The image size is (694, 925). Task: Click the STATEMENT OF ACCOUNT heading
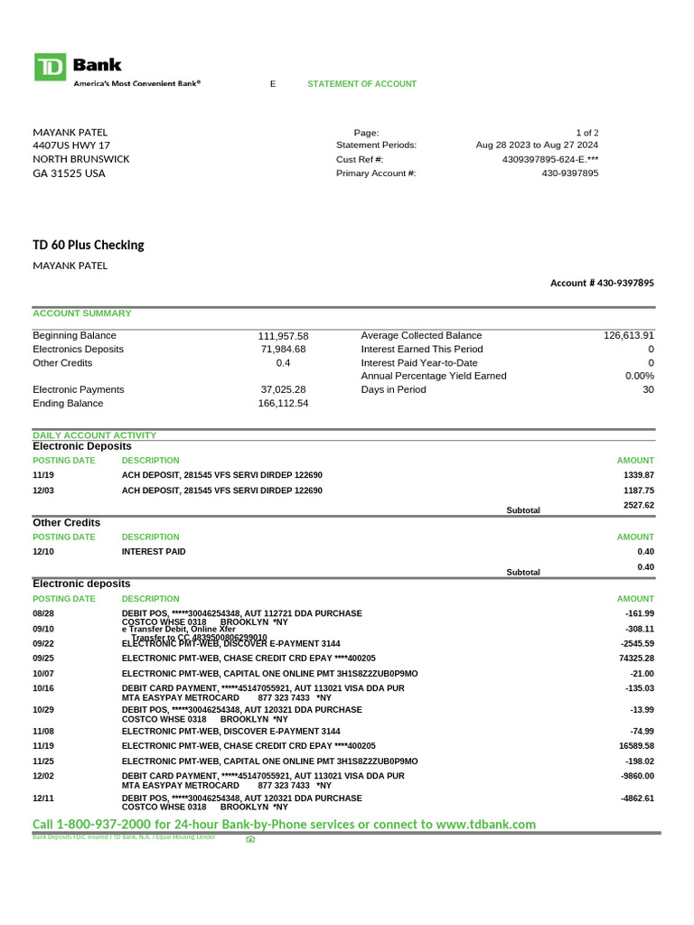[x=361, y=84]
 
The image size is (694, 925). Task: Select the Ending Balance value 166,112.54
[x=283, y=404]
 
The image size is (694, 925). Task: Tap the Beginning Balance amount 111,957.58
[x=283, y=336]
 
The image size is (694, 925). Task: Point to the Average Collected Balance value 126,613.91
[x=628, y=335]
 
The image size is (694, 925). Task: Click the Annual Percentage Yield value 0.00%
[x=639, y=376]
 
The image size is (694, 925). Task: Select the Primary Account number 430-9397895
[x=569, y=173]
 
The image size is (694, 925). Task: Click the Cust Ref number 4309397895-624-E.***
[x=549, y=160]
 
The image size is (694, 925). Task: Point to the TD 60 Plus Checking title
[x=89, y=245]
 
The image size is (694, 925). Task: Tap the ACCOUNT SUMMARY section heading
[x=82, y=313]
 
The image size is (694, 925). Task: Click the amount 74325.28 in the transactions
[x=633, y=659]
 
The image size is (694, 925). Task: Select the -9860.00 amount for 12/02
[x=636, y=776]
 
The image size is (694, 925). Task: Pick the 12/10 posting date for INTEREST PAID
[x=43, y=551]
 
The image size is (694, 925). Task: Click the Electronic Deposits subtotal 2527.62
[x=638, y=506]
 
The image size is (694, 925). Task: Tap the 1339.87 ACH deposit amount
[x=638, y=475]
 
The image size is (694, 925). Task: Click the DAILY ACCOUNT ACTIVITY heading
[x=95, y=435]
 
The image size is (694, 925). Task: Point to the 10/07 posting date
[x=43, y=674]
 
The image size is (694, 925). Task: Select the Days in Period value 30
[x=647, y=389]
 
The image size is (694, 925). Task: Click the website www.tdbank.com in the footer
[x=485, y=824]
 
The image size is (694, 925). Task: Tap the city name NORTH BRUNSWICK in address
[x=81, y=159]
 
